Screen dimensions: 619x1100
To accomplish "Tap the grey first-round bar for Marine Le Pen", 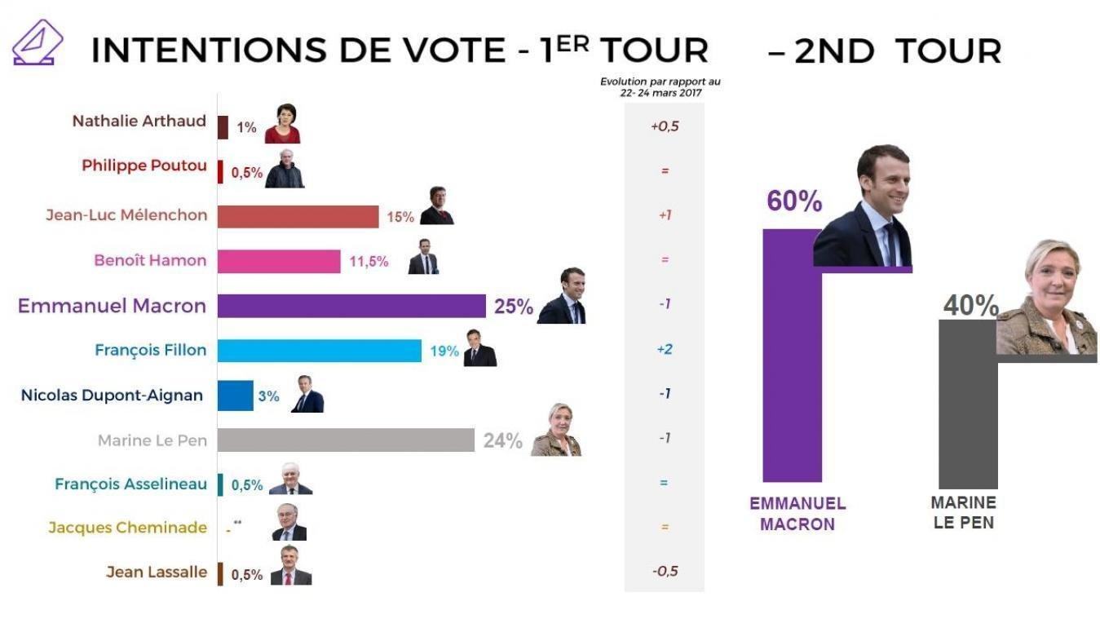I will tap(347, 440).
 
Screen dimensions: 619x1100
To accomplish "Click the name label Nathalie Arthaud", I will tap(139, 122).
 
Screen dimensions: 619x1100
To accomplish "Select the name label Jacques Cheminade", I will tap(127, 528).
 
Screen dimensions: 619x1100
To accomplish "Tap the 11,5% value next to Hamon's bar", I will tap(369, 262).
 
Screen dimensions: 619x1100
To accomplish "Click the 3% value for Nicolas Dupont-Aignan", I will tap(268, 396).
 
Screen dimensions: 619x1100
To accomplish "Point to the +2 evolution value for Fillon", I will tap(664, 349).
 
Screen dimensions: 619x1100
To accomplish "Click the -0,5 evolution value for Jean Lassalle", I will tap(664, 571).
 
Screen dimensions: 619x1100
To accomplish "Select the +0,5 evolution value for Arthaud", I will tap(664, 126).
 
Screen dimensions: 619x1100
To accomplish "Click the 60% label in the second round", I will tap(793, 201).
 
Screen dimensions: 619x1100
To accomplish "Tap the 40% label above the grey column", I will tap(970, 306).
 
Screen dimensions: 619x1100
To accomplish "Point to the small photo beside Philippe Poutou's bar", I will tap(285, 169).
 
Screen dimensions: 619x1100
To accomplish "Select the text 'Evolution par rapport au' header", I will tap(660, 82).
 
